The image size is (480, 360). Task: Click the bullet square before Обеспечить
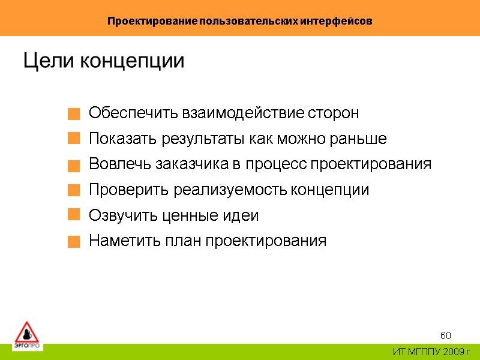pyautogui.click(x=73, y=113)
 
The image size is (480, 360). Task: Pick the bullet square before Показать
pyautogui.click(x=73, y=139)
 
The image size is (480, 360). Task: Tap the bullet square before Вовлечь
pyautogui.click(x=73, y=165)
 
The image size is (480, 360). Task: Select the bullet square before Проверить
pyautogui.click(x=73, y=191)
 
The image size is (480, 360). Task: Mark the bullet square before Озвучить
pyautogui.click(x=73, y=215)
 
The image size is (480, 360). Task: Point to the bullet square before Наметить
pyautogui.click(x=73, y=242)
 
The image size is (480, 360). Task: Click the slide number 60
pyautogui.click(x=446, y=335)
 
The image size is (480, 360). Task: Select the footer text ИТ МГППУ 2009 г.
pyautogui.click(x=432, y=352)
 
